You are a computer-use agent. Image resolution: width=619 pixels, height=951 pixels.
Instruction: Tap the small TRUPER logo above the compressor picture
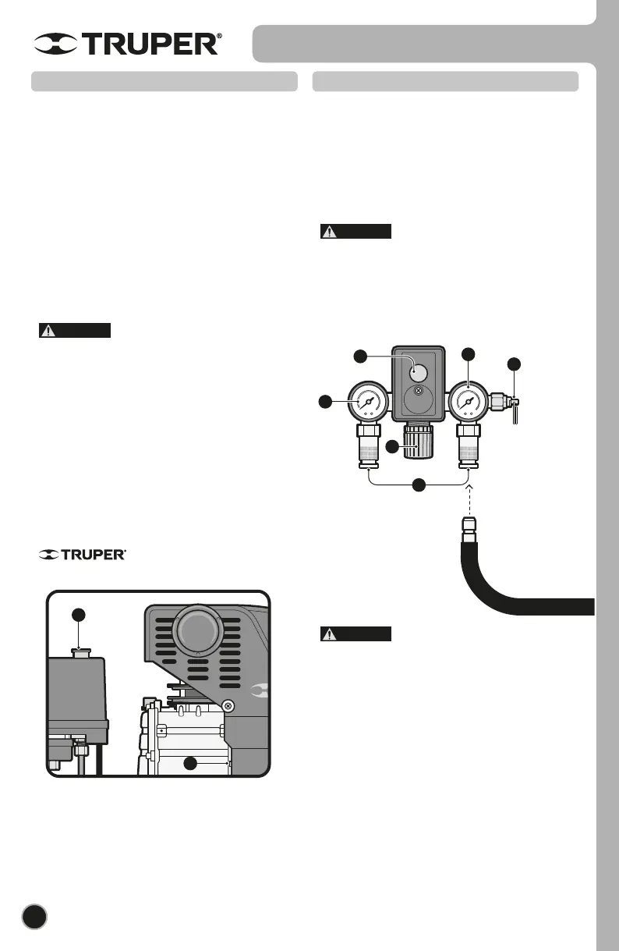[x=82, y=555]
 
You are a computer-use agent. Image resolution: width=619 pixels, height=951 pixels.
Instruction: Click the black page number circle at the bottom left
[x=35, y=917]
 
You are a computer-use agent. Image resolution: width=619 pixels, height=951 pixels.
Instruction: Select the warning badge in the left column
[x=75, y=330]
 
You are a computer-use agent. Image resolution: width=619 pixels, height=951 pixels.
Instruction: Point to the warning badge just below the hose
[x=355, y=634]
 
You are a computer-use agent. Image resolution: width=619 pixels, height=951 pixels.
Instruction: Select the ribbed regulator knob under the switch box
[x=419, y=445]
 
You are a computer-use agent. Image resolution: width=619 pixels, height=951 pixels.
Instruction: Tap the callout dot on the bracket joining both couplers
[x=419, y=485]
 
